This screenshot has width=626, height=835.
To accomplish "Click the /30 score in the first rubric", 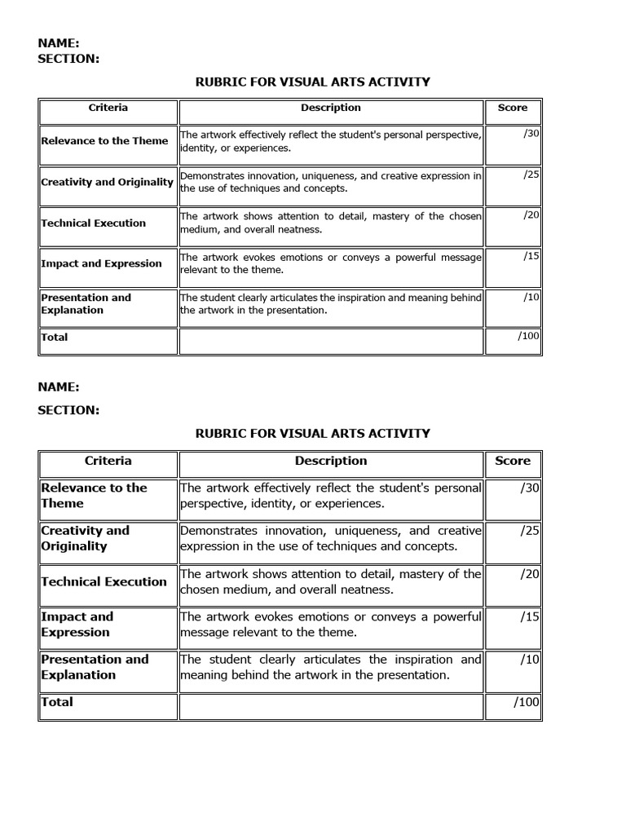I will click(x=531, y=133).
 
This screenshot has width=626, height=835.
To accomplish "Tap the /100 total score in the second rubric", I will click(x=527, y=702).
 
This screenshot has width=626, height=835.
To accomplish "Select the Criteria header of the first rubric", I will click(x=108, y=108).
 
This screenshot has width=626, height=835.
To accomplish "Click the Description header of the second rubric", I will click(x=331, y=461).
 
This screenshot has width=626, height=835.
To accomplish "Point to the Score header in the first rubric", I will click(x=513, y=108).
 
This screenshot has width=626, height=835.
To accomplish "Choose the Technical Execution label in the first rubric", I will click(x=94, y=223).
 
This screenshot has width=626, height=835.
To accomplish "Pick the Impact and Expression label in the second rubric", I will click(x=77, y=625).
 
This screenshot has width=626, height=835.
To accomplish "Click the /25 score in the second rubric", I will click(x=531, y=530).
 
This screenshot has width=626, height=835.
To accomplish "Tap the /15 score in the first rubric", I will click(x=531, y=255).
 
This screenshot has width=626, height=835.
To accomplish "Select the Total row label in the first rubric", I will click(x=55, y=337).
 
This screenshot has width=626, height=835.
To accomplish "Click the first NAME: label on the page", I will click(x=59, y=43).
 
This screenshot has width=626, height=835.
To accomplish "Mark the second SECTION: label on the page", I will click(x=68, y=410).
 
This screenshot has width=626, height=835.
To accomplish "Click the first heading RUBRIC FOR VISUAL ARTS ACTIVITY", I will click(x=312, y=82).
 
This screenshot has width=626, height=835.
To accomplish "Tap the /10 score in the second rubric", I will click(x=531, y=659).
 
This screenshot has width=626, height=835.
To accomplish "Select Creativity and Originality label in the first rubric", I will click(x=107, y=182).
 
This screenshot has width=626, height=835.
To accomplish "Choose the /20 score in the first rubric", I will click(x=531, y=214).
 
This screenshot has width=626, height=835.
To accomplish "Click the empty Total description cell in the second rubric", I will click(x=331, y=707).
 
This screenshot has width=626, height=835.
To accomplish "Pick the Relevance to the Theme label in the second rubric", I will click(x=94, y=496).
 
